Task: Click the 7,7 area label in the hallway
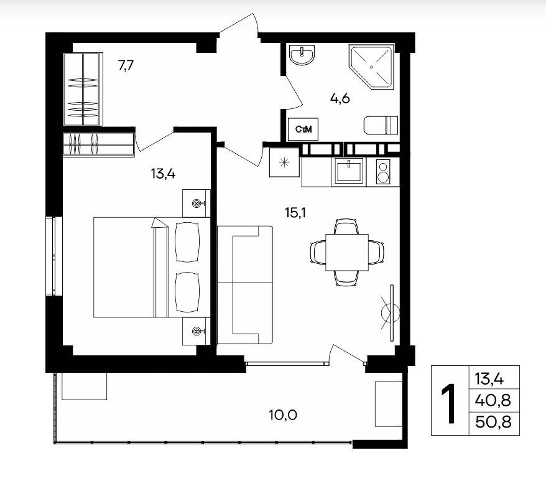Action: click(x=126, y=65)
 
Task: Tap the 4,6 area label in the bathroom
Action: click(x=340, y=99)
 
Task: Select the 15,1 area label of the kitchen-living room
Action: click(x=295, y=212)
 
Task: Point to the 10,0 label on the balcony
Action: click(x=283, y=415)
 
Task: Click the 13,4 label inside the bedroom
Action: click(x=163, y=173)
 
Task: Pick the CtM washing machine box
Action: click(x=303, y=129)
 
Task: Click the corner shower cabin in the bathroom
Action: click(x=371, y=66)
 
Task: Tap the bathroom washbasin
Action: click(x=302, y=55)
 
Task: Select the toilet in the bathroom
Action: click(x=381, y=124)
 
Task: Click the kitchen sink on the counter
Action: click(x=349, y=171)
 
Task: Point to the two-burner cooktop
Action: click(x=383, y=171)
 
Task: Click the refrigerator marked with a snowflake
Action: click(x=284, y=162)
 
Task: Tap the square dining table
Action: click(x=347, y=252)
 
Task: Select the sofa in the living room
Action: click(x=245, y=285)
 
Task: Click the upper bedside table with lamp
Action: click(x=197, y=203)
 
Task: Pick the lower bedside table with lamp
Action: click(x=197, y=331)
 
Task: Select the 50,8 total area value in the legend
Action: click(x=493, y=422)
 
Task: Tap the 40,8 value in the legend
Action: click(x=493, y=400)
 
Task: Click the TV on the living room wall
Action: click(x=391, y=313)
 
